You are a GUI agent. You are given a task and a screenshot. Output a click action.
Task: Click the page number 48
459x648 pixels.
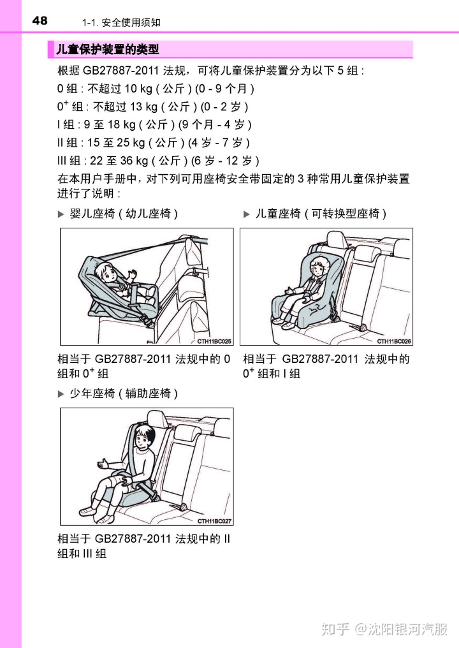(40, 20)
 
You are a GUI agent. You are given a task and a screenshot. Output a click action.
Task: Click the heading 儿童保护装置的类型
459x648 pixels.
(107, 50)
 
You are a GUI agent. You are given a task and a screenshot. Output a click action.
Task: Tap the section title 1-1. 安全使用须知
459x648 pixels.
(121, 23)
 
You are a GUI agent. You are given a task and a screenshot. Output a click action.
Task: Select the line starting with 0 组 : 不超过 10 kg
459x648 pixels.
(156, 89)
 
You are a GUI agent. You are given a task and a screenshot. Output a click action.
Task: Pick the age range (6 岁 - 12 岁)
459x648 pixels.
(225, 161)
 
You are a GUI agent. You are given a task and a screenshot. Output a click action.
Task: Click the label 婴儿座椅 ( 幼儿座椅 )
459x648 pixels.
(124, 214)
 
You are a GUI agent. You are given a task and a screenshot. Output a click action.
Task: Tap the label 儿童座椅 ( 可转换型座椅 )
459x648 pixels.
(321, 214)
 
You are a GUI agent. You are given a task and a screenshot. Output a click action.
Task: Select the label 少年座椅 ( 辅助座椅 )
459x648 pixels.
(124, 394)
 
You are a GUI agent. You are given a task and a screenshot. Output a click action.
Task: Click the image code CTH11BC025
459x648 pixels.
(214, 341)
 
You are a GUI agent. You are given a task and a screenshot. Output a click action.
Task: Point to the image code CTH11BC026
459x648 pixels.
(394, 341)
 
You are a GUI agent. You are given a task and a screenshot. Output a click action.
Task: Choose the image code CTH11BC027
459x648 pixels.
(214, 521)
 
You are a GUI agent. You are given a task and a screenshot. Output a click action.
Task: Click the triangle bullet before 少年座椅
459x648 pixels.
(61, 394)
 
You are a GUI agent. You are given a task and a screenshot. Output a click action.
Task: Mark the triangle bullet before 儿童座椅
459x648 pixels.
(247, 214)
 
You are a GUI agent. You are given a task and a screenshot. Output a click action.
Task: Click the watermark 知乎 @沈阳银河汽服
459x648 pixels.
(384, 629)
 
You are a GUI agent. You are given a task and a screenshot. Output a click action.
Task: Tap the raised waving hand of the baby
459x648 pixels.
(132, 274)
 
